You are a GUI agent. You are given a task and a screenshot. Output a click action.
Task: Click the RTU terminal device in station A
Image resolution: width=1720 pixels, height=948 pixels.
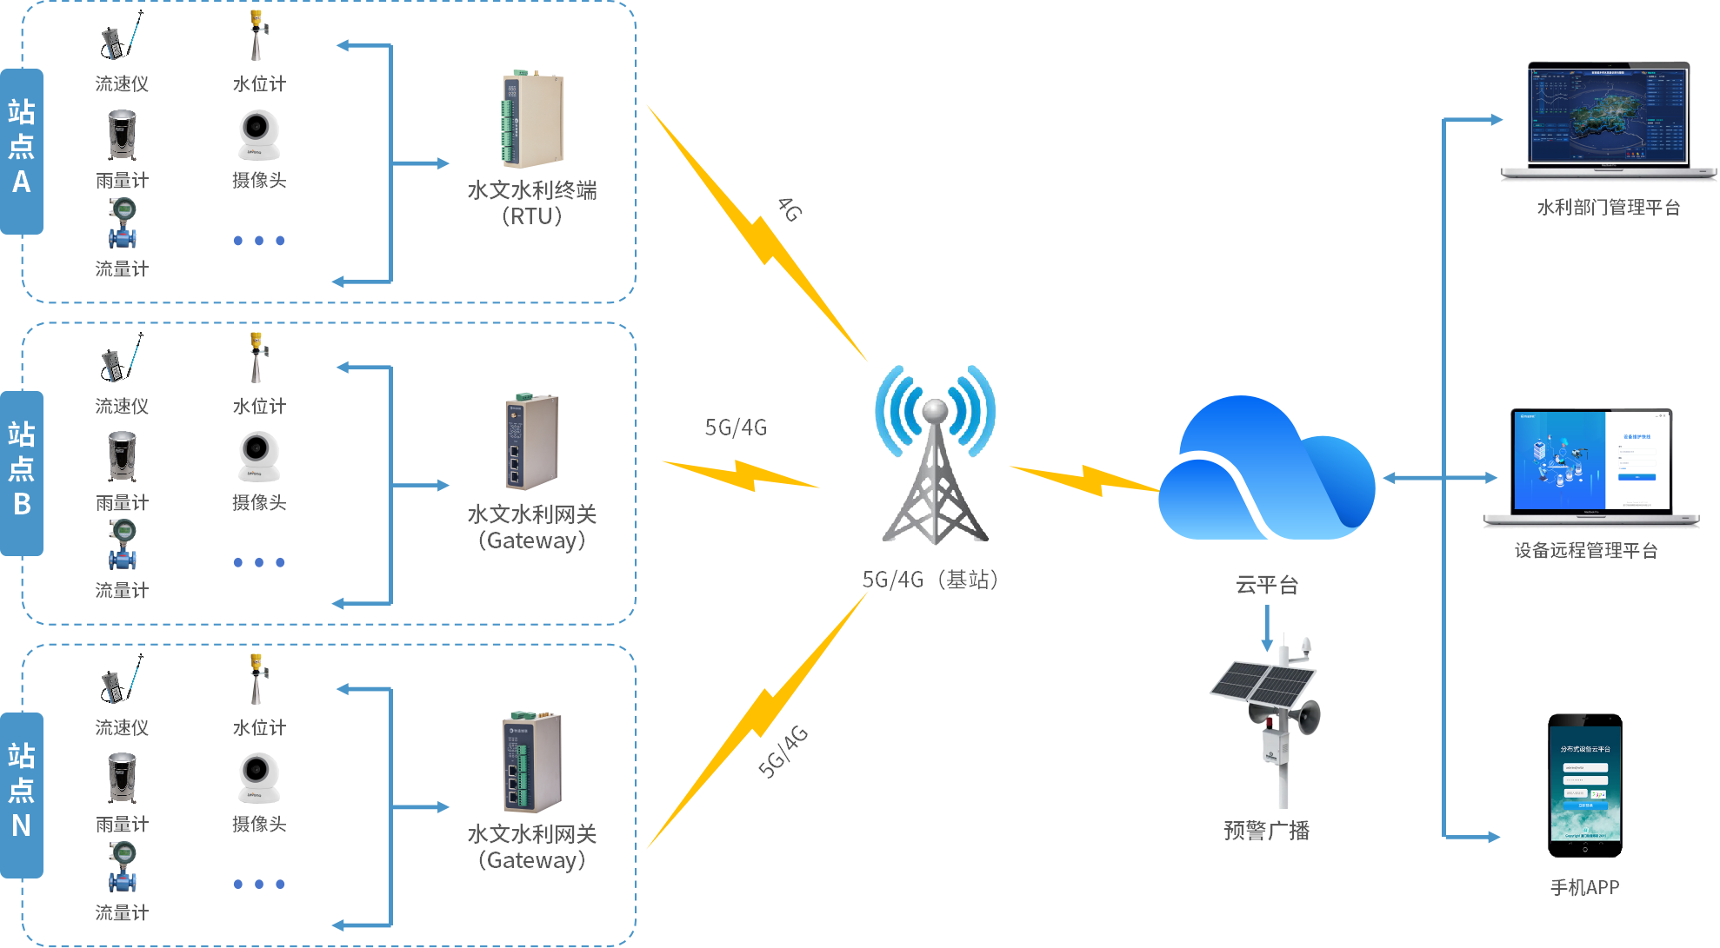coord(532,121)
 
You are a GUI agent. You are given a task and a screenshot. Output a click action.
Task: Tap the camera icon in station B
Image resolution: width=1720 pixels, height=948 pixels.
coord(259,456)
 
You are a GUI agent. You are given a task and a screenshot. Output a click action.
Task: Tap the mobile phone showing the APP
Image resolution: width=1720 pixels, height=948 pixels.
coord(1584,786)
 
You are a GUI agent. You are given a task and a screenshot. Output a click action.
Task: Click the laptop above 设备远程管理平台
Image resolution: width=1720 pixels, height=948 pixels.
coord(1591,467)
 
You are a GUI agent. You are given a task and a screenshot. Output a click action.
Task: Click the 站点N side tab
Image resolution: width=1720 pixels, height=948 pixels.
coord(22,793)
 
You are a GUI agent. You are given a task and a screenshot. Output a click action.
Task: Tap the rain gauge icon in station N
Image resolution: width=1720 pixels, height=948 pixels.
coord(122,778)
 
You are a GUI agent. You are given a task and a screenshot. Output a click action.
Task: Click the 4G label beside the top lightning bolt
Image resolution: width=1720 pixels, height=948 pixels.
coord(790,209)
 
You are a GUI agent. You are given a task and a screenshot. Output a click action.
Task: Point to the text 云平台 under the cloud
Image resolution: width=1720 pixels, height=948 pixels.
coord(1267,585)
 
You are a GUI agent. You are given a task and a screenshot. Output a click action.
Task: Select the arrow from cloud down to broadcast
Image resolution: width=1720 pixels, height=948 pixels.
coord(1267,627)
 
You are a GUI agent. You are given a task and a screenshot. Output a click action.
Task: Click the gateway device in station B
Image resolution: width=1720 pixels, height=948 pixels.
coord(531,443)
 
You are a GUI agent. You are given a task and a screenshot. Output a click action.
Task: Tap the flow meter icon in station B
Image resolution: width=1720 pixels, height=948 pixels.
coord(123,544)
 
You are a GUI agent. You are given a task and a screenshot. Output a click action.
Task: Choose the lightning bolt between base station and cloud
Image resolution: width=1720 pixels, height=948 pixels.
coord(1083,480)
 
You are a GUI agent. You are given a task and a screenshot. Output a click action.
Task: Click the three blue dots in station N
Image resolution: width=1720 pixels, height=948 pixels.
coord(259,885)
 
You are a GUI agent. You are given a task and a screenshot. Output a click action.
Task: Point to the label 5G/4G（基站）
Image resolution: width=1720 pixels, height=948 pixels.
coord(930,580)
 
